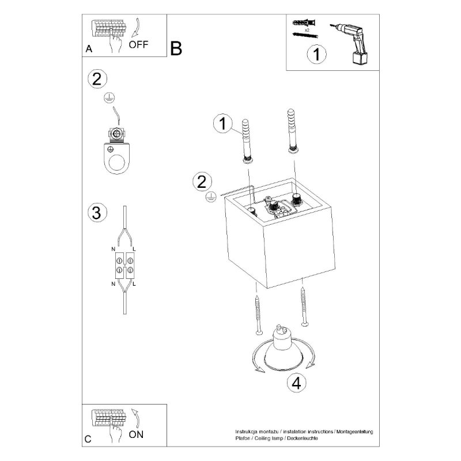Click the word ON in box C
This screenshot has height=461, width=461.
(x=137, y=434)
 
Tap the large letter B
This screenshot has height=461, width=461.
(x=176, y=49)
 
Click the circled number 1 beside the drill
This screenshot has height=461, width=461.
(x=316, y=55)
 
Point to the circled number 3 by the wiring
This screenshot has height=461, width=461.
(x=97, y=212)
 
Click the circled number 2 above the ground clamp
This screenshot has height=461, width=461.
(x=97, y=79)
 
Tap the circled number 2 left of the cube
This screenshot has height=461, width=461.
(x=201, y=182)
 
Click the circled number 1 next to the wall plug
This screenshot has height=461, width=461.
(x=222, y=123)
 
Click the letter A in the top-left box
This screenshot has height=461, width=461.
(x=88, y=49)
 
